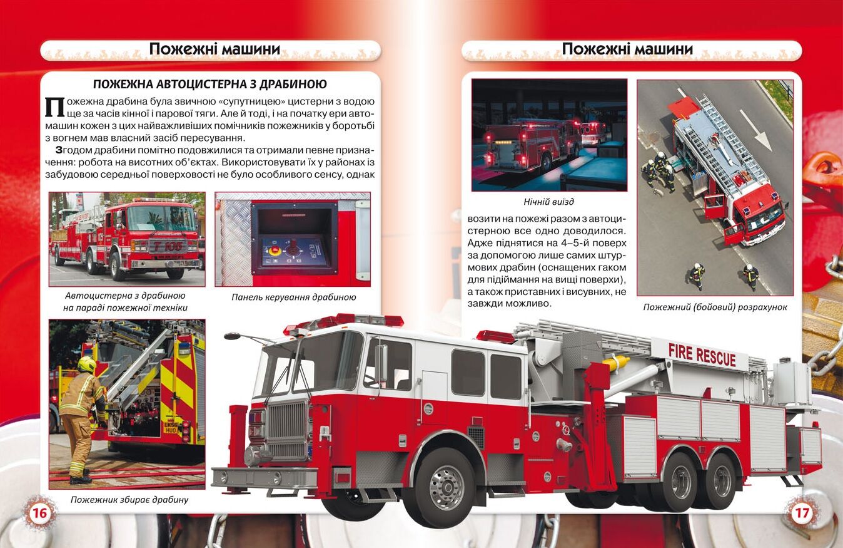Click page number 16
click(40, 513)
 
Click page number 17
click(802, 513)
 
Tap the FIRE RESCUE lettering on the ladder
click(702, 354)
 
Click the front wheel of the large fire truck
click(446, 488)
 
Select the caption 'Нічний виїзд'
click(548, 202)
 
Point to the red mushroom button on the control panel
click(275, 249)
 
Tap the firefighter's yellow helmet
click(86, 364)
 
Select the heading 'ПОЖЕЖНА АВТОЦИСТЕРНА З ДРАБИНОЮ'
click(210, 84)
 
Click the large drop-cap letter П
click(54, 107)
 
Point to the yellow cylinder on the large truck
click(616, 363)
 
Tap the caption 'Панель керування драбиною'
click(293, 297)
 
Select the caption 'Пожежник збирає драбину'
click(129, 500)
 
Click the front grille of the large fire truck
click(287, 430)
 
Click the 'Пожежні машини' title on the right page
click(627, 49)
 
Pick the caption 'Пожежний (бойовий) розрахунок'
click(715, 307)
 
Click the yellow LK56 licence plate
click(171, 427)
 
